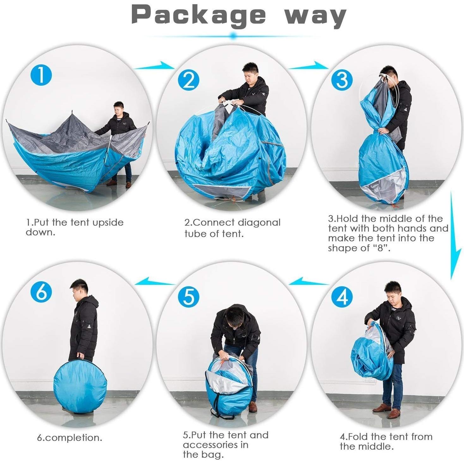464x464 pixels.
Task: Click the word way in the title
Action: coord(315,16)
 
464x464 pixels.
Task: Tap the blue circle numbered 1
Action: coord(41,75)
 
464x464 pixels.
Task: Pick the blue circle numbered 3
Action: coord(342,80)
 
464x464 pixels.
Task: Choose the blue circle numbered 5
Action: coord(189,296)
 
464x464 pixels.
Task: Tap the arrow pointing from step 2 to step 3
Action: coord(308,65)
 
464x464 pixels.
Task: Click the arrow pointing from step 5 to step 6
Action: coord(155,281)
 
